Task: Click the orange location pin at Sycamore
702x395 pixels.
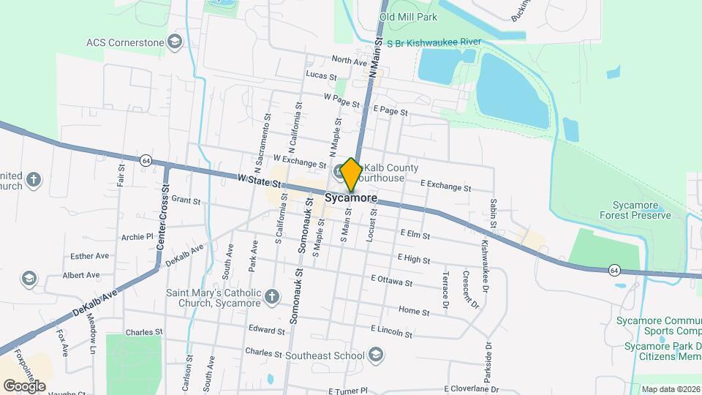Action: (x=351, y=175)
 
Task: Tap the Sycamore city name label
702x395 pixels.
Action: (x=351, y=198)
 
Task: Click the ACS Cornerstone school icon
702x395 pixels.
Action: (x=175, y=41)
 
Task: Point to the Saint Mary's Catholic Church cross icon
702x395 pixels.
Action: (x=272, y=296)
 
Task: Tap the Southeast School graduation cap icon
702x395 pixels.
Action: (x=376, y=355)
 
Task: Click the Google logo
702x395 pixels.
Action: (x=23, y=385)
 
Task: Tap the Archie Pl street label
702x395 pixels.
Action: (x=137, y=237)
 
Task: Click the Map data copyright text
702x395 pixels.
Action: (x=670, y=389)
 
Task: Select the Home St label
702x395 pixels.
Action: (x=414, y=312)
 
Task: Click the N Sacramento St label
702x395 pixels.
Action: (x=258, y=143)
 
